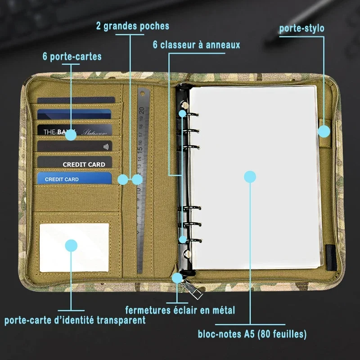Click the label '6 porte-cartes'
[72, 57]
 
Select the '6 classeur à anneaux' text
[196, 45]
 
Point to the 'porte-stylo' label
[301, 28]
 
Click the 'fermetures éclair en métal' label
[180, 310]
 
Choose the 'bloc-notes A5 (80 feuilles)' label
[252, 334]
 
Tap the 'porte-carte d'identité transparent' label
[75, 320]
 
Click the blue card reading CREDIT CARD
[74, 179]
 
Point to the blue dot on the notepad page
[250, 176]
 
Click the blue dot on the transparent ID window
[71, 245]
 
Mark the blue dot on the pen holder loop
[324, 131]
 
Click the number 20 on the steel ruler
[141, 110]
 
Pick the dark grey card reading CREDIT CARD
[74, 163]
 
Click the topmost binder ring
[189, 115]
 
